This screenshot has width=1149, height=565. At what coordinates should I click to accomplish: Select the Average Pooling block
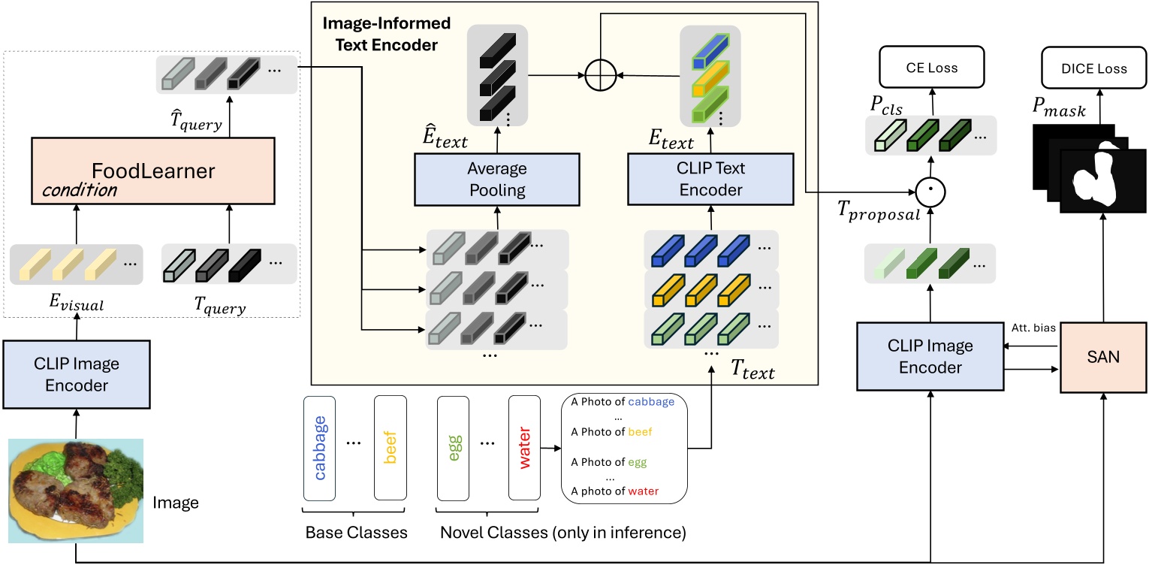coord(496,180)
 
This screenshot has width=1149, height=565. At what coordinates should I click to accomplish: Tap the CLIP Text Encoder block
coord(710,180)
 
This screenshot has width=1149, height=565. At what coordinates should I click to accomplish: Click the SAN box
coord(1102,357)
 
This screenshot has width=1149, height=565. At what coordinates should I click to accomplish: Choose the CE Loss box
coord(930,68)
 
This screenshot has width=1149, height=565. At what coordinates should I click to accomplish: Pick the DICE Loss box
coord(1094,68)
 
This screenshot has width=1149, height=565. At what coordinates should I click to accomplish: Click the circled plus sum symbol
coord(600,75)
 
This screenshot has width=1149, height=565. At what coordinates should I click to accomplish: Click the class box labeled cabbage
coord(319,447)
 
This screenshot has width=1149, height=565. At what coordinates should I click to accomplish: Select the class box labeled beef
coord(390,447)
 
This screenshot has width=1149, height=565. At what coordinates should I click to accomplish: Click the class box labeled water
coord(524,447)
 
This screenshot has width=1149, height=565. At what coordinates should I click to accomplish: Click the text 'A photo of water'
coord(614,491)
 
